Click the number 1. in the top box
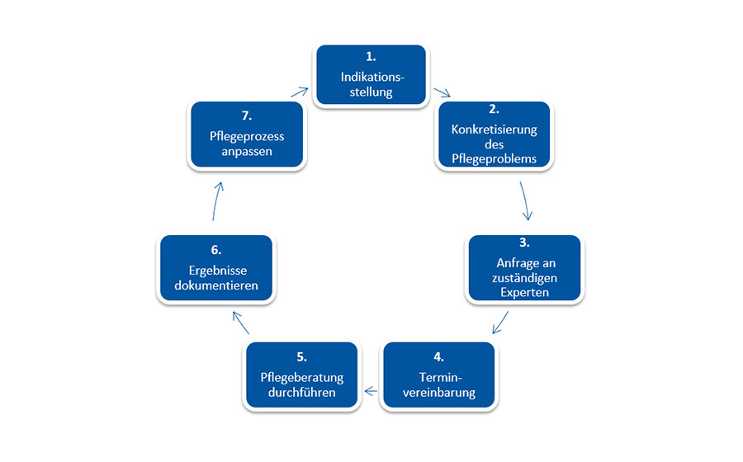tap(371, 57)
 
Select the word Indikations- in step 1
tap(372, 77)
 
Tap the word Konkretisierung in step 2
tap(495, 130)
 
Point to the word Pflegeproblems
tap(495, 158)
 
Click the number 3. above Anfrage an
tap(524, 243)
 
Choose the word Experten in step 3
tap(524, 292)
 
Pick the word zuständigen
tap(524, 277)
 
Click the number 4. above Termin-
tap(439, 357)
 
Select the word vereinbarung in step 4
tap(439, 393)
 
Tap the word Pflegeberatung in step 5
tap(302, 377)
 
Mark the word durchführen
tap(302, 392)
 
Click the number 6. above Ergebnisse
tap(216, 250)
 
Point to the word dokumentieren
tap(216, 285)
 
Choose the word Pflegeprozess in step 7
tap(247, 136)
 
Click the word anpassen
tap(247, 152)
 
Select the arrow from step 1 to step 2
tap(442, 92)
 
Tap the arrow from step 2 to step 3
tap(524, 200)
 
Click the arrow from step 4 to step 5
tap(371, 392)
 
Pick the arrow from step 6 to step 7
tap(216, 200)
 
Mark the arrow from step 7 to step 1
tap(300, 92)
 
